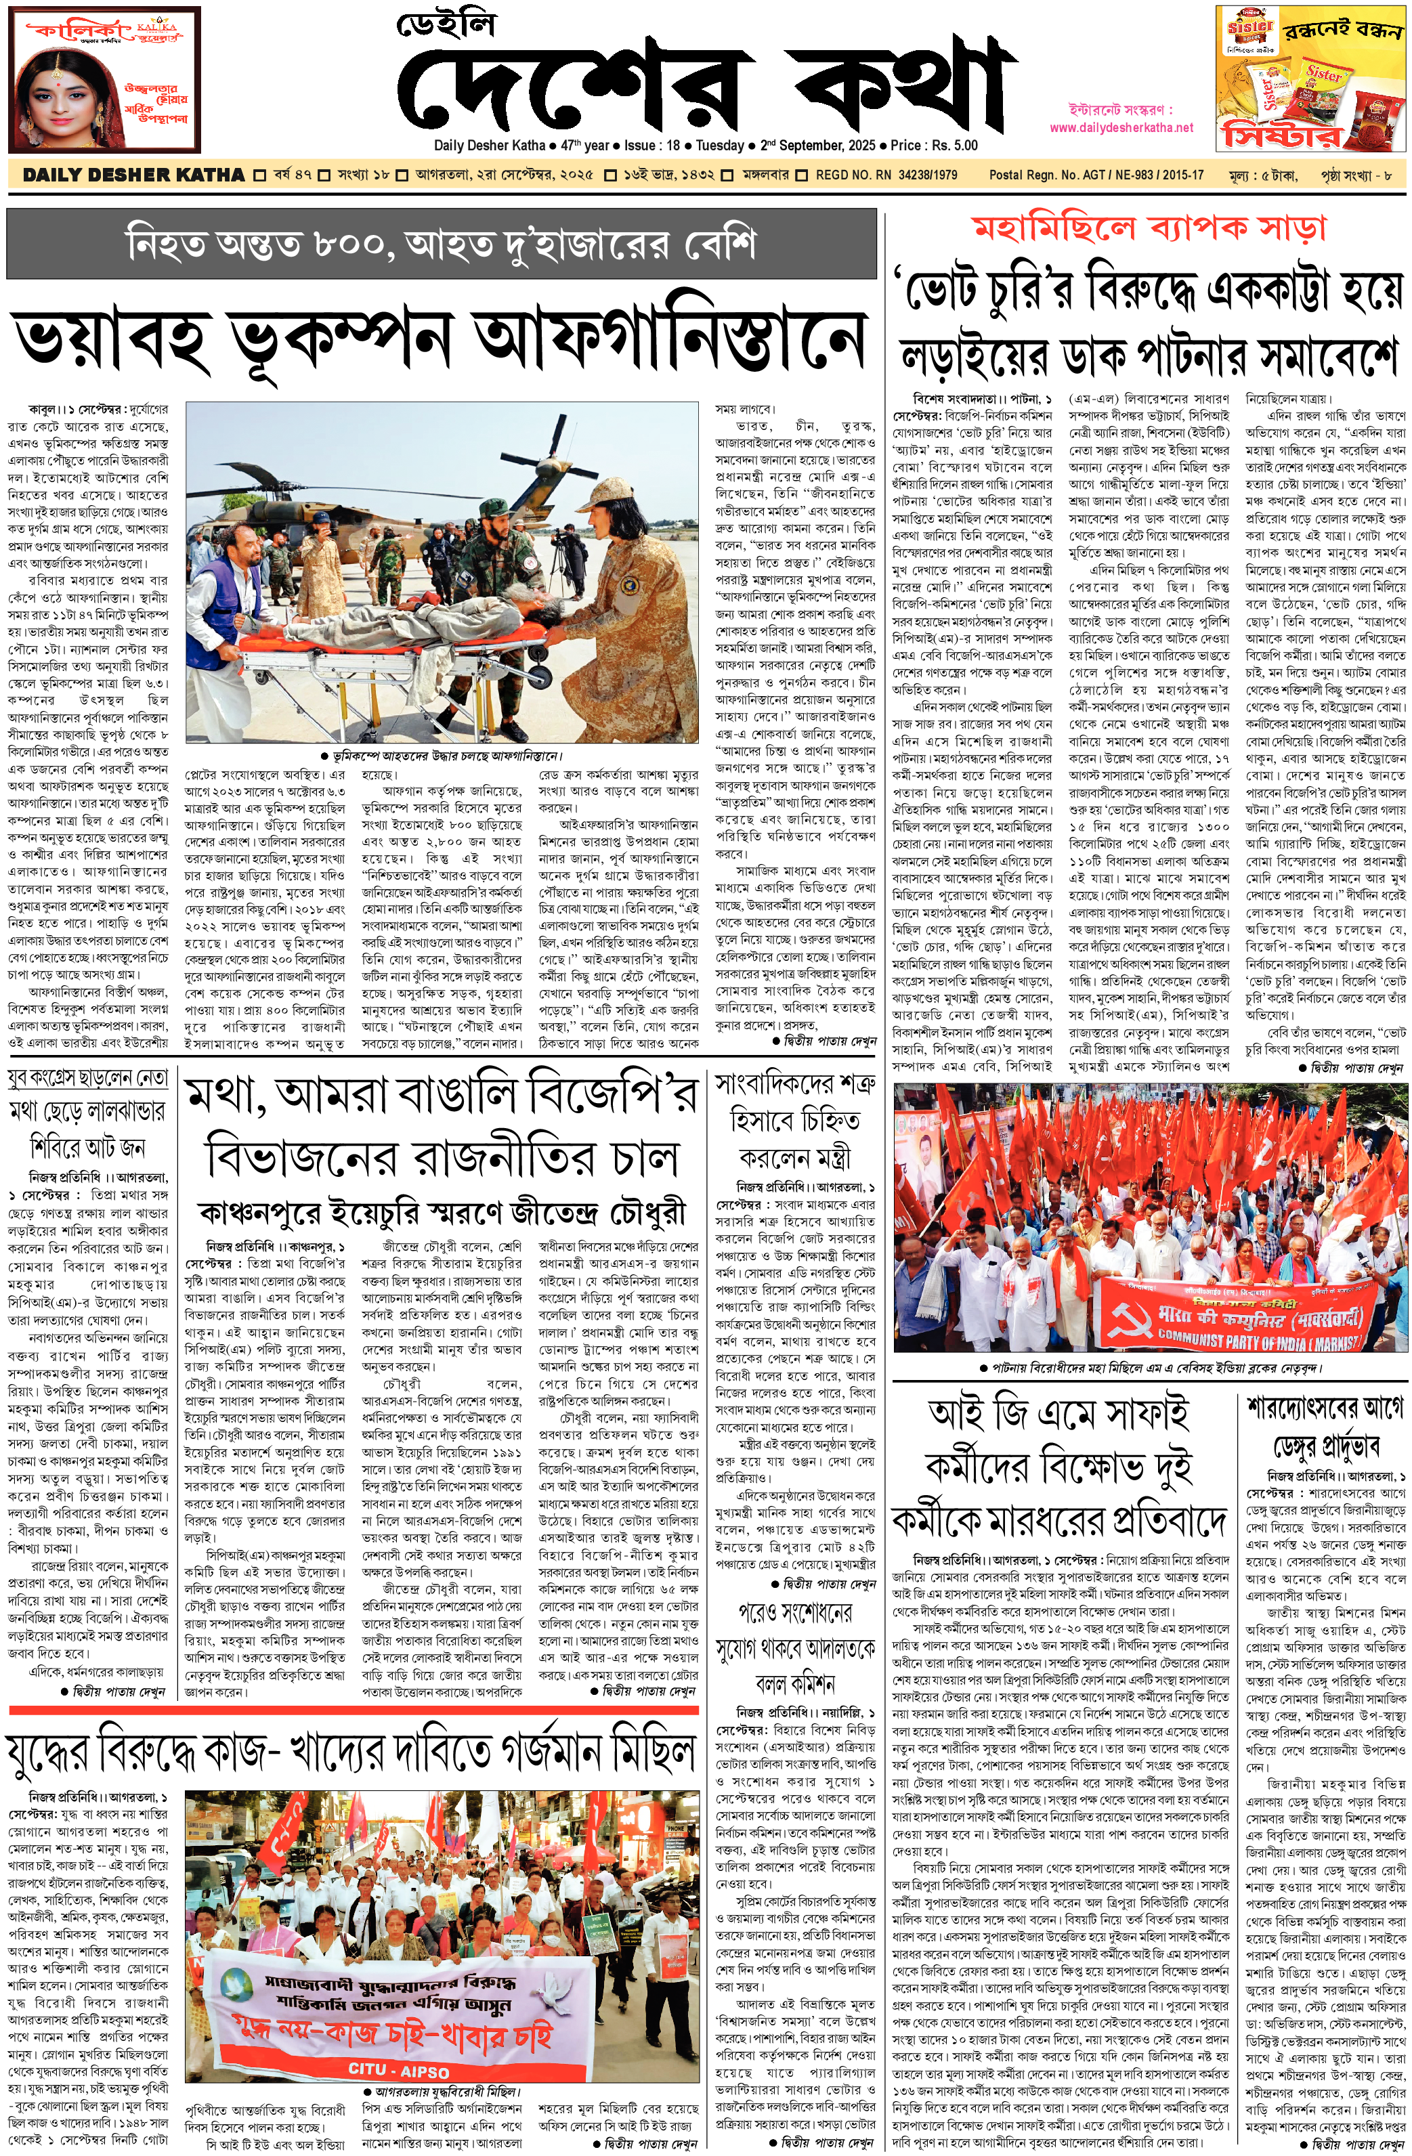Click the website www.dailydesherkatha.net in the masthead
[1121, 128]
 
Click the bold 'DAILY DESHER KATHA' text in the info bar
[133, 175]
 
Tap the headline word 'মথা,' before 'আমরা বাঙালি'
[223, 1099]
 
